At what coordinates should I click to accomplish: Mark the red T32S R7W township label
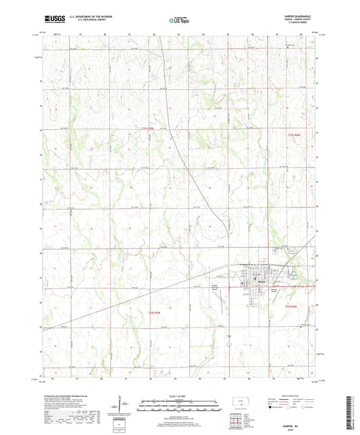pos(154,312)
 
